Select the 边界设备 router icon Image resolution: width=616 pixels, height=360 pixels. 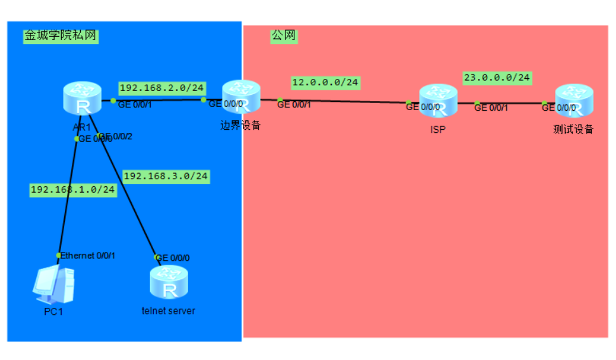click(241, 97)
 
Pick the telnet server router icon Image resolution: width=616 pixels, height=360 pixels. click(169, 283)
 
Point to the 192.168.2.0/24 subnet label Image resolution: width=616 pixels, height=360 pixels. click(162, 88)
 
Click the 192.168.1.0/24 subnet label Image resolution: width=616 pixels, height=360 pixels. click(73, 190)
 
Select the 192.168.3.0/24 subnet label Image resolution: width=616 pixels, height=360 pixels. click(166, 176)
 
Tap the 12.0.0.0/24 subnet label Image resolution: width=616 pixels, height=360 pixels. click(325, 82)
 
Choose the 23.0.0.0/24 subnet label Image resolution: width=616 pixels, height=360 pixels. click(496, 78)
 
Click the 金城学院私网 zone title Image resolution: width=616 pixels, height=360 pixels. click(60, 36)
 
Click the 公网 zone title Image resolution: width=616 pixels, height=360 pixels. click(284, 36)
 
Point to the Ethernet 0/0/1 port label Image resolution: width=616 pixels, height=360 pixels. click(88, 255)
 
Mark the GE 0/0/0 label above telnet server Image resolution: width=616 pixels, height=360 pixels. click(173, 258)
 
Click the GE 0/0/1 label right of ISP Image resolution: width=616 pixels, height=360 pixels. click(491, 108)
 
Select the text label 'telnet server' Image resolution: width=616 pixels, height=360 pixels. click(168, 311)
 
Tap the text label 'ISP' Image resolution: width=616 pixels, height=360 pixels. click(437, 129)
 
